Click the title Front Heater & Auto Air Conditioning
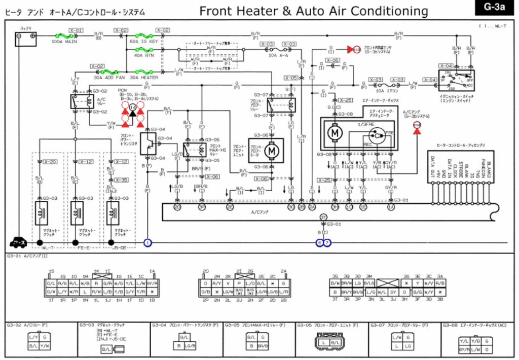pyautogui.click(x=313, y=11)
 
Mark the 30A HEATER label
pyautogui.click(x=144, y=78)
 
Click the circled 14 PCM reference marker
pyautogui.click(x=133, y=107)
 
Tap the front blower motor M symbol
pyautogui.click(x=273, y=151)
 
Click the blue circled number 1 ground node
pyautogui.click(x=147, y=243)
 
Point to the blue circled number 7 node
pyautogui.click(x=327, y=243)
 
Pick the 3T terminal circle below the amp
pyautogui.click(x=323, y=217)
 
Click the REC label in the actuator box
pyautogui.click(x=368, y=144)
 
